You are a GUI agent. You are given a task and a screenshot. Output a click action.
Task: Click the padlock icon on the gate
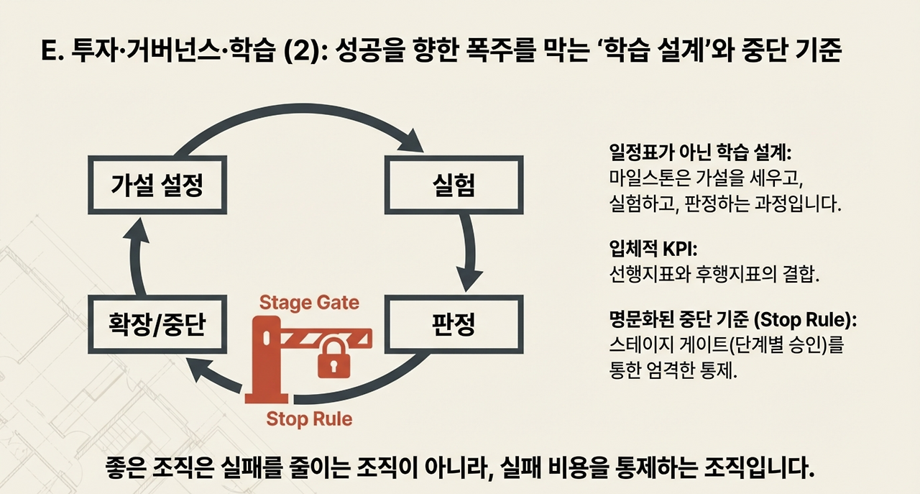click(x=333, y=357)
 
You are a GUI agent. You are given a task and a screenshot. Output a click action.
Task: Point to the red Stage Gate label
click(x=309, y=302)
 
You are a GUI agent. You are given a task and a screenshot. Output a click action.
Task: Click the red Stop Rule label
click(x=309, y=418)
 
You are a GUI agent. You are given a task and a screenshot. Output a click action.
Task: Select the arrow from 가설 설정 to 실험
click(x=302, y=115)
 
